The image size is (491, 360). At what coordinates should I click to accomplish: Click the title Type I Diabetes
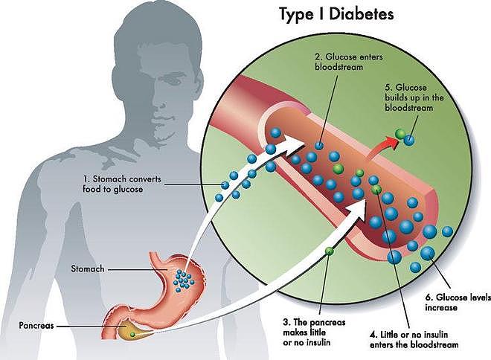336,14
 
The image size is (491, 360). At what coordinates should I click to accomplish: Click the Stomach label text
88,269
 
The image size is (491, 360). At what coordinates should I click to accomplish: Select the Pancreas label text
36,325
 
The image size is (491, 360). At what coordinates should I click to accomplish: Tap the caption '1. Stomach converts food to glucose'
122,184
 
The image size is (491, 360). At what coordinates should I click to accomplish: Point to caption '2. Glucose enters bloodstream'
349,62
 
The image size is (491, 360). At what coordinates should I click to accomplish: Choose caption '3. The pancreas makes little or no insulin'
314,332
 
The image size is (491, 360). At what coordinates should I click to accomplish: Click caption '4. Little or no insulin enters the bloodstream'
414,340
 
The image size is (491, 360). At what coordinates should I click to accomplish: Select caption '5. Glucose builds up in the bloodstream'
414,97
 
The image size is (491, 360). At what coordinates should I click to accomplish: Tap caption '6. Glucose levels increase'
458,302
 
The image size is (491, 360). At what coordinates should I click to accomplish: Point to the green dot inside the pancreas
132,334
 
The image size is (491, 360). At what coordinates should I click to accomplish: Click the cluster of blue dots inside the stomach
184,279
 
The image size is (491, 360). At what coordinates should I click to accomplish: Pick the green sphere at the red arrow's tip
400,134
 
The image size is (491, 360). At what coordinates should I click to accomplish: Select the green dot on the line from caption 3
329,251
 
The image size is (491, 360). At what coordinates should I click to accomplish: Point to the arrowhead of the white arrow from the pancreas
357,209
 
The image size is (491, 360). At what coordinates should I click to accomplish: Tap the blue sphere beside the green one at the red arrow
409,140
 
